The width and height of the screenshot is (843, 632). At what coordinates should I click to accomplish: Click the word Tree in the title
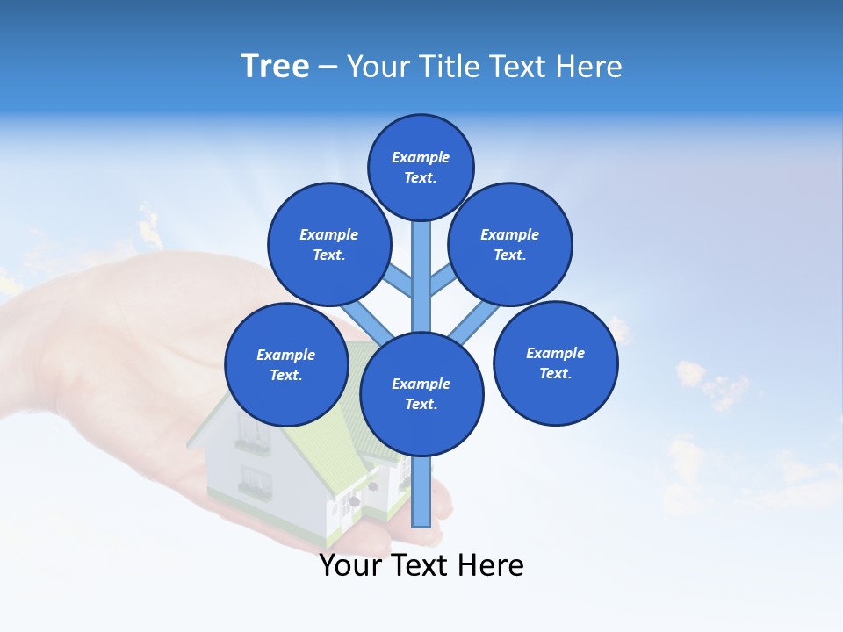coord(275,67)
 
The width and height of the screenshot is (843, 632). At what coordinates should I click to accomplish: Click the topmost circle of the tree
coord(421,167)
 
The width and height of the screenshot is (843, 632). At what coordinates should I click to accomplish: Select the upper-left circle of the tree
coord(328,245)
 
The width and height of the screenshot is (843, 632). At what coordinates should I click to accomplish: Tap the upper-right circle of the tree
coord(510,245)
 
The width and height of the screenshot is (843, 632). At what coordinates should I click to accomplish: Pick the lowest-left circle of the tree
coord(286,364)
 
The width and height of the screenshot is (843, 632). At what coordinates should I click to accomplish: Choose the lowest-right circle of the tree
coord(555,363)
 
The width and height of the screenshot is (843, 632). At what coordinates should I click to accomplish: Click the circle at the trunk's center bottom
coord(421,393)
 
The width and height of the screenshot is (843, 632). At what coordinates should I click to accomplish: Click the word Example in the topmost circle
coord(421,158)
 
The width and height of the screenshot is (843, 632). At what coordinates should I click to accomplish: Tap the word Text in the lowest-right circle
coord(555,373)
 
